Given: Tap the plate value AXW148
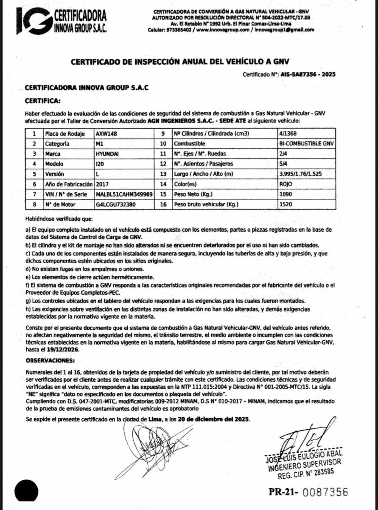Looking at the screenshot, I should point(106,133).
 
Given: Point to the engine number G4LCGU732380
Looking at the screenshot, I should point(116,204).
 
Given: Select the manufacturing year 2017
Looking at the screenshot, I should point(103,184).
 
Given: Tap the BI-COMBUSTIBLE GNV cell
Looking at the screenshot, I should point(304,144).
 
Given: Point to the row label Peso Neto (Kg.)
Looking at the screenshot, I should point(195,194).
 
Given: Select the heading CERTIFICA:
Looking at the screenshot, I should point(43,101).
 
